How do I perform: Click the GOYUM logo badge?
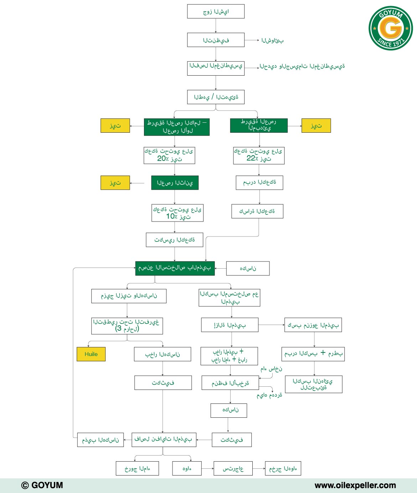[391, 28]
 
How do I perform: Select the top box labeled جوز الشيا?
[216, 11]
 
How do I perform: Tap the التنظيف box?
[216, 40]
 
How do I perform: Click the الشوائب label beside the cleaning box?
[272, 41]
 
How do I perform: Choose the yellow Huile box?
[91, 354]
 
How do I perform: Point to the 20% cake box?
[169, 155]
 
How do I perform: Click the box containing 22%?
[259, 156]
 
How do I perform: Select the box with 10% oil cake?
[177, 213]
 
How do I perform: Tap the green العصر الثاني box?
[175, 183]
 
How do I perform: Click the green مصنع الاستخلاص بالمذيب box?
[175, 268]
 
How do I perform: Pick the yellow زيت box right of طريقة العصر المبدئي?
[316, 126]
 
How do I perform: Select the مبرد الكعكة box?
[259, 183]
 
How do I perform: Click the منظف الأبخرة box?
[230, 383]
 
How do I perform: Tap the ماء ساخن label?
[271, 369]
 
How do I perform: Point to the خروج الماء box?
[137, 468]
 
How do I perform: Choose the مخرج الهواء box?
[283, 468]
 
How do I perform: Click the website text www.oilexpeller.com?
[355, 485]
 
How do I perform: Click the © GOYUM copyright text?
[42, 485]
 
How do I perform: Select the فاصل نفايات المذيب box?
[164, 440]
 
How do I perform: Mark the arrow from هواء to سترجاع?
[207, 468]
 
